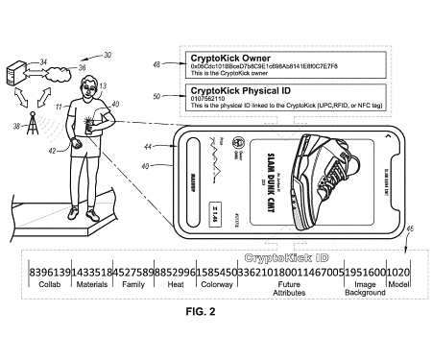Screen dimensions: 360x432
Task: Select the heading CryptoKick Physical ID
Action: tap(237, 90)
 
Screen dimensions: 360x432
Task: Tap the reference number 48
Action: tap(156, 63)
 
